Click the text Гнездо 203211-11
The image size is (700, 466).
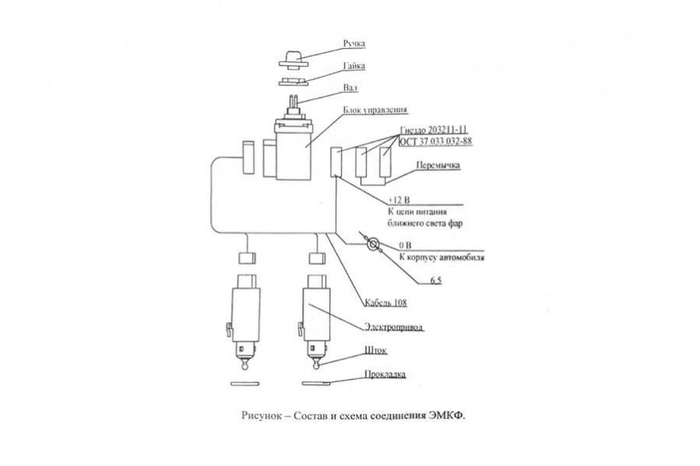pyautogui.click(x=436, y=130)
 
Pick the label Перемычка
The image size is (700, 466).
pyautogui.click(x=439, y=165)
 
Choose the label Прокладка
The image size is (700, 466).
pyautogui.click(x=385, y=374)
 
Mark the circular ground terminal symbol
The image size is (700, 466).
pyautogui.click(x=373, y=245)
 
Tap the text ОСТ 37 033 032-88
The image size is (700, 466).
pyautogui.click(x=436, y=141)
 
